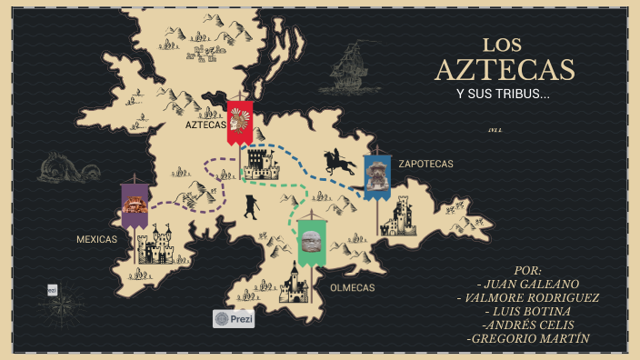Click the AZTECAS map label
coord(205,125)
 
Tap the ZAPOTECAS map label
coord(425,165)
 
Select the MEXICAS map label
coord(96,239)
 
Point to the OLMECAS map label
coord(353,287)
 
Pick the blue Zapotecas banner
coord(376,176)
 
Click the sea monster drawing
coord(69,171)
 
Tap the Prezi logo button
coord(234,319)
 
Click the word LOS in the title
coord(503,45)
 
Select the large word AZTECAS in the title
coord(505,70)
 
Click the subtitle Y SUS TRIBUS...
coord(503,95)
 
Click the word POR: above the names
coord(527,270)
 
